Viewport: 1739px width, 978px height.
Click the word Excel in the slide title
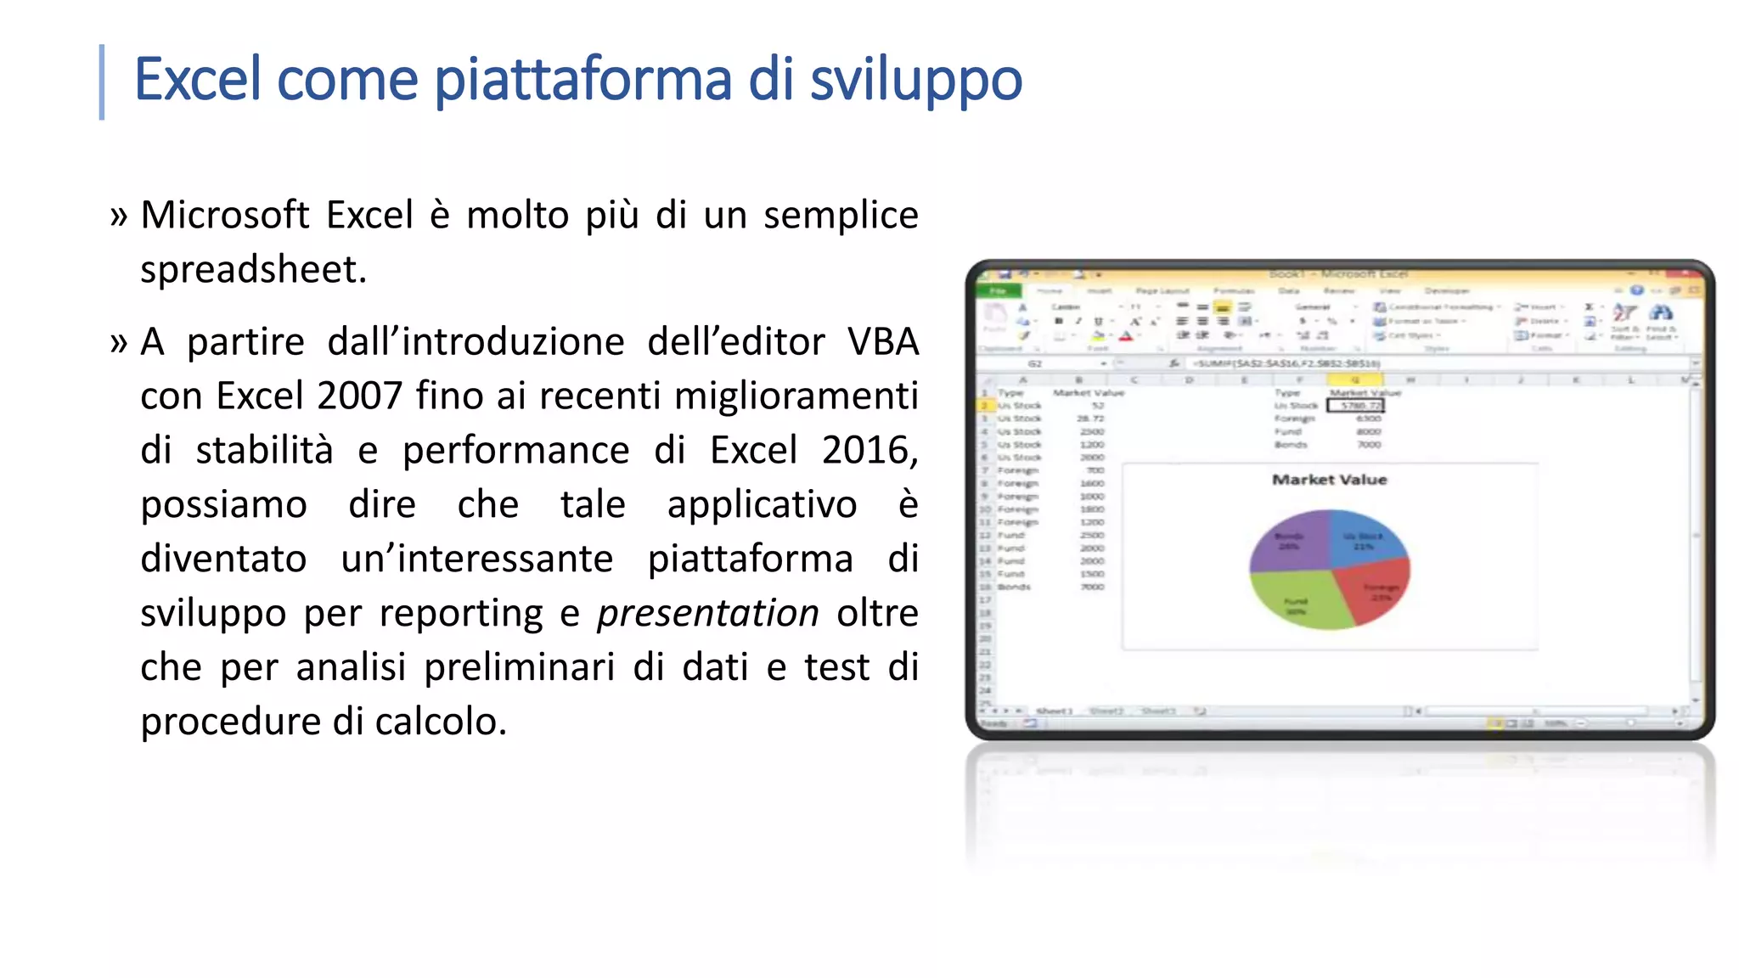(196, 79)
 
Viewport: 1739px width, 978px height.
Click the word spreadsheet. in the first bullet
(253, 270)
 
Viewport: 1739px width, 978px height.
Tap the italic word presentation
(707, 613)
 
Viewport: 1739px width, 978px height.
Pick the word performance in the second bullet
(515, 450)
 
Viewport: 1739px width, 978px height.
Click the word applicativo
(762, 504)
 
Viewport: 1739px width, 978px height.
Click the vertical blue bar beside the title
(102, 81)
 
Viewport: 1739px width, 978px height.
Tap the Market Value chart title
(1329, 480)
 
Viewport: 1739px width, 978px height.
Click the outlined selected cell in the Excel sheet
(1355, 406)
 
